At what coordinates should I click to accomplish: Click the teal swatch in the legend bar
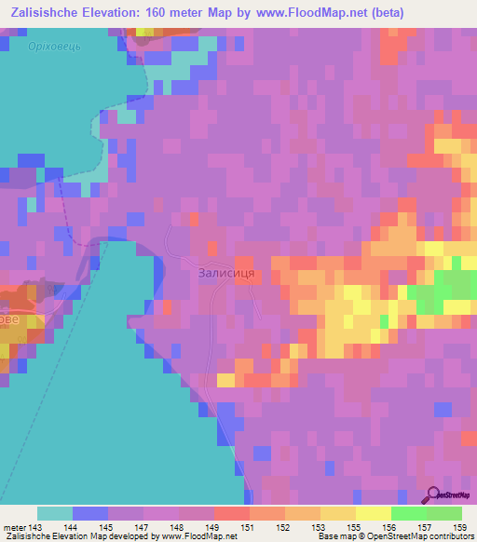55,513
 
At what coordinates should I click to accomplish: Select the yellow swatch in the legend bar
373,513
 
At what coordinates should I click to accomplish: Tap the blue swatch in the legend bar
90,513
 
